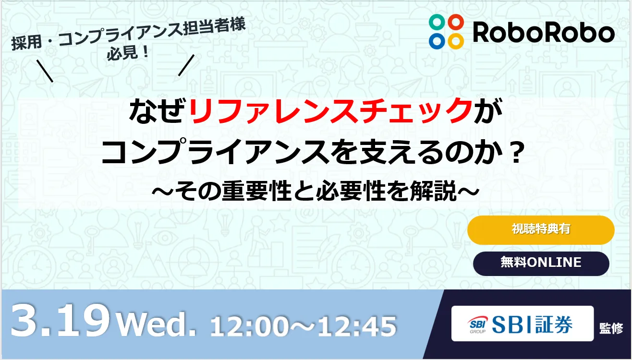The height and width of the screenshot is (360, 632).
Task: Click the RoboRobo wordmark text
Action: tap(544, 33)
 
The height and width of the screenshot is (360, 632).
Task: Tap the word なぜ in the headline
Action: tap(158, 110)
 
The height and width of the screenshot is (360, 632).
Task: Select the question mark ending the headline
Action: tap(517, 153)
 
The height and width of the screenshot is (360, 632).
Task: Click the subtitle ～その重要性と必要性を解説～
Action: tap(316, 191)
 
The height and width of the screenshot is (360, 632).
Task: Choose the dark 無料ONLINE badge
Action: tap(541, 264)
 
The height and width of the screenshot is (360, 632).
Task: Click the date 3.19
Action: tap(60, 321)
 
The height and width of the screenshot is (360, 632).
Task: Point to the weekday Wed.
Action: tap(156, 324)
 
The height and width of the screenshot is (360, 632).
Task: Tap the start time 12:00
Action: tap(250, 326)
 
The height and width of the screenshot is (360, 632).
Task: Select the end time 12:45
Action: tap(357, 326)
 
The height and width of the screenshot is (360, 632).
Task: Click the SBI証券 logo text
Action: tap(532, 324)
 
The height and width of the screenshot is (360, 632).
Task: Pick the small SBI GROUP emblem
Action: tap(477, 325)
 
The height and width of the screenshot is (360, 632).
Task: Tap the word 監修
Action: tap(611, 328)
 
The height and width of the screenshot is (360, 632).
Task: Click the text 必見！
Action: tap(128, 52)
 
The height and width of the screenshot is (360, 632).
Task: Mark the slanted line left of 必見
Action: tap(45, 71)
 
